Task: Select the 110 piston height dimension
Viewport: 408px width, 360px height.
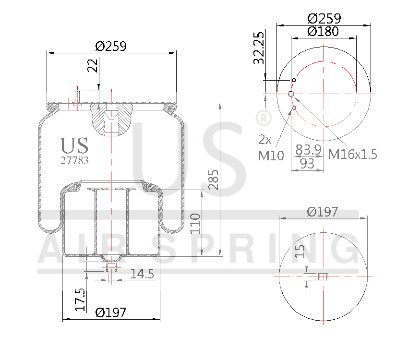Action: point(195,223)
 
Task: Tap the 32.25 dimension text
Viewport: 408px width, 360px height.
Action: point(259,48)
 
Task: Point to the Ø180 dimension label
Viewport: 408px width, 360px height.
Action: point(323,32)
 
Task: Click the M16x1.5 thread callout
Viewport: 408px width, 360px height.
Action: point(353,154)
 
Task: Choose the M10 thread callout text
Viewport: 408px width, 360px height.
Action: point(271,155)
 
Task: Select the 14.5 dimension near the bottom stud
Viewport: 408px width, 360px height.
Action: point(142,274)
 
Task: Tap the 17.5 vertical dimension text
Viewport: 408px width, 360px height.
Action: point(80,299)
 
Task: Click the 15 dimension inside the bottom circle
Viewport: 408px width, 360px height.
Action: point(300,251)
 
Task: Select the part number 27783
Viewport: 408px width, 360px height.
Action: point(74,161)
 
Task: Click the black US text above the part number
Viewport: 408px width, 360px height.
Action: point(74,145)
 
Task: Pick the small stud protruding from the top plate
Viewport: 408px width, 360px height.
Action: point(77,97)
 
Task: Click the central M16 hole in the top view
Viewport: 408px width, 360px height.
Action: point(291,94)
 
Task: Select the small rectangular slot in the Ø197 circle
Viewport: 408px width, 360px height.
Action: point(324,276)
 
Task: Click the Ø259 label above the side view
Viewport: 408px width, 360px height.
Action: point(111,46)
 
